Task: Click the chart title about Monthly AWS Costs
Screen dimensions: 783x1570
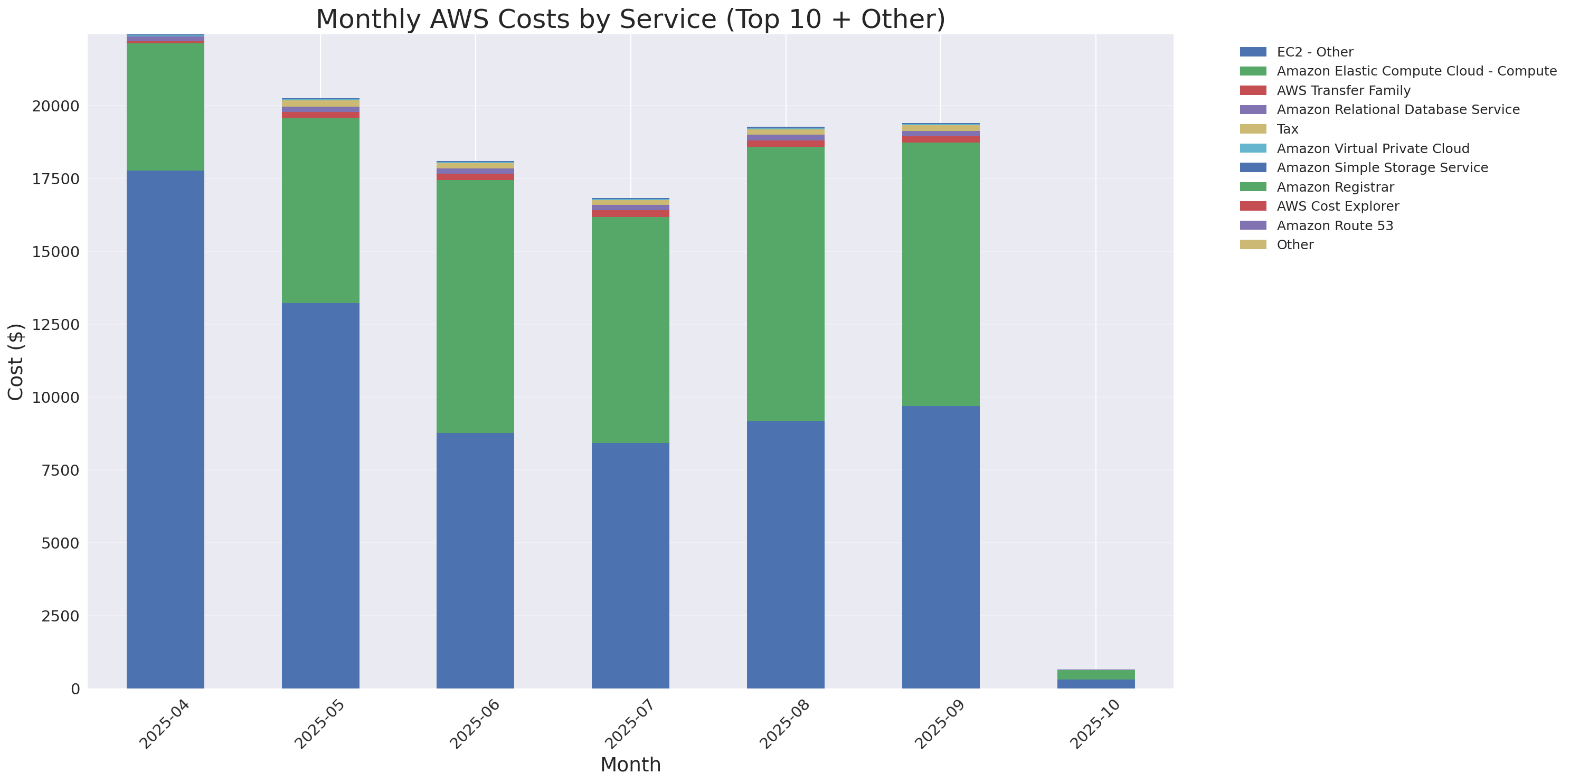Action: (x=630, y=19)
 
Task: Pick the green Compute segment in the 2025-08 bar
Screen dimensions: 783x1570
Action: (x=786, y=284)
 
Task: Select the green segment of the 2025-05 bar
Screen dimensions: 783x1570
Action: (x=320, y=210)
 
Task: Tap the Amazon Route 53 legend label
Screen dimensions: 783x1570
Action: (x=1334, y=225)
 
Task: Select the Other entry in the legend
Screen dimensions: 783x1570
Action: (x=1294, y=245)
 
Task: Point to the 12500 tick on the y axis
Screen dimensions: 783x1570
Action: (x=55, y=325)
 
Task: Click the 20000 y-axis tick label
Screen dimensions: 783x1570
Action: (x=55, y=106)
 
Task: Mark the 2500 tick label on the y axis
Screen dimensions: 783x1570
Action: (x=60, y=616)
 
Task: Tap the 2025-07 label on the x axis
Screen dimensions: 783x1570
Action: (x=628, y=724)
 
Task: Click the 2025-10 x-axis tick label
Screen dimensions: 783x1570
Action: (x=1094, y=724)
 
